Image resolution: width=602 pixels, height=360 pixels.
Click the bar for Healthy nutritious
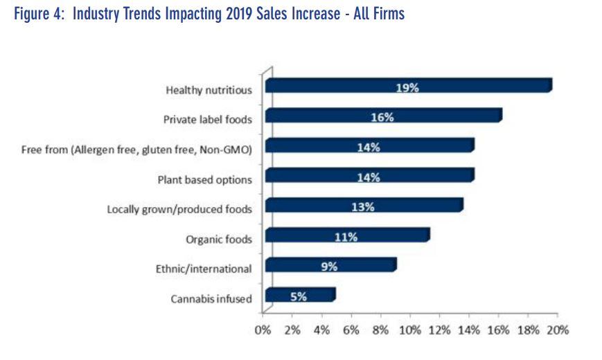coord(407,86)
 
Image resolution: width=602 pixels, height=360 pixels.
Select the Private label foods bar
coord(382,116)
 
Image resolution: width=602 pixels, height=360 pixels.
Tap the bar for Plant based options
coord(369,176)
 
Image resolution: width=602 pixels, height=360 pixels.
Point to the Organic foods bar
coord(346,236)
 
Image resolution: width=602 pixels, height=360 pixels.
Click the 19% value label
coord(407,87)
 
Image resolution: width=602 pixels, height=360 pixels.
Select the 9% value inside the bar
coord(328,266)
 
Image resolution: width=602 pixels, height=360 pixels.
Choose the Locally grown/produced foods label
coord(179,209)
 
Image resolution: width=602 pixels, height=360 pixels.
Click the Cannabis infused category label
coord(211,299)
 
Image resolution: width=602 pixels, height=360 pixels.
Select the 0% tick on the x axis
coord(263,330)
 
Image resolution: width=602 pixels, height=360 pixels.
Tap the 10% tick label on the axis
coord(410,330)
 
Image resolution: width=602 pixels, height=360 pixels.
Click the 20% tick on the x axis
coord(558,330)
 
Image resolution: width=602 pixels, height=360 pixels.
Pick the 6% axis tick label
coord(351,330)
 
